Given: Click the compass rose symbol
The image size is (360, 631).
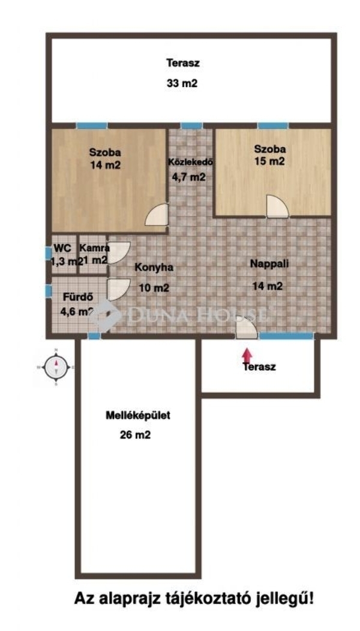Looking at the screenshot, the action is click(56, 366).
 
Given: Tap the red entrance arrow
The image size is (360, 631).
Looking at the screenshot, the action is click(247, 356).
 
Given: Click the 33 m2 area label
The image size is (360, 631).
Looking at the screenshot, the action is click(182, 83).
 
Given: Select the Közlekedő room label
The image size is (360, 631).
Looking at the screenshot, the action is click(190, 162).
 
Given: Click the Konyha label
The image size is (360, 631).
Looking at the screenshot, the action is click(154, 267).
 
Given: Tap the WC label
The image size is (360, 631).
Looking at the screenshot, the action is click(62, 248).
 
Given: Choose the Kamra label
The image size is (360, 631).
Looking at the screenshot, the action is click(94, 248).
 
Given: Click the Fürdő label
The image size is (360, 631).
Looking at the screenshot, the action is click(79, 297).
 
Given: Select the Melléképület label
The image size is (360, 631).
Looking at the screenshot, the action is click(137, 415).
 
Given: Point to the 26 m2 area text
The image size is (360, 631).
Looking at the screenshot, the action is click(136, 435).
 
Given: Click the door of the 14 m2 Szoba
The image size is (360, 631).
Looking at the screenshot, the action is click(157, 215).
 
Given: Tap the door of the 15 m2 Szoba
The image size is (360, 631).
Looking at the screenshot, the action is click(277, 206).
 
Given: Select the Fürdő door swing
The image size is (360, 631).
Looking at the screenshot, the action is click(119, 289).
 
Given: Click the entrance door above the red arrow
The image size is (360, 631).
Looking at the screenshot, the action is click(247, 327).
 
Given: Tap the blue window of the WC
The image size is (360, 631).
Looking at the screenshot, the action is click(49, 253).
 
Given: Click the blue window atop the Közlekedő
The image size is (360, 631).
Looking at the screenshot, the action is click(191, 125).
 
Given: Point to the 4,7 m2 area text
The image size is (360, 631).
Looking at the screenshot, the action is click(189, 177).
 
